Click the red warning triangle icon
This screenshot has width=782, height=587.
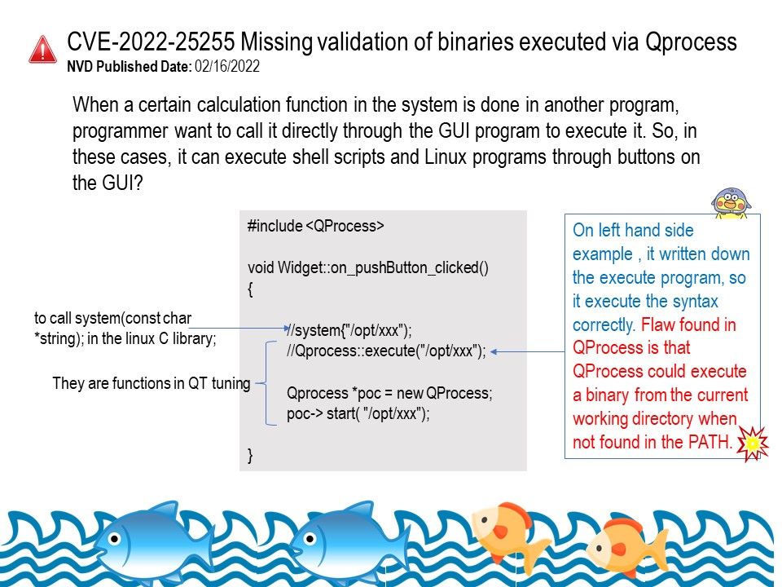click(43, 49)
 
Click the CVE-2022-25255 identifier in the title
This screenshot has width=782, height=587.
click(151, 42)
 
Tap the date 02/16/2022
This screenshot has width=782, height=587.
click(227, 66)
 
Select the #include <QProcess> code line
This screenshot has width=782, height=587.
click(316, 226)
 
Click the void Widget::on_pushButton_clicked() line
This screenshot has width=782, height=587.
click(368, 267)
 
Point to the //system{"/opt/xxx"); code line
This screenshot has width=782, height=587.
click(349, 330)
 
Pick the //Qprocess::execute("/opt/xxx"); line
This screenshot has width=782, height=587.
click(386, 351)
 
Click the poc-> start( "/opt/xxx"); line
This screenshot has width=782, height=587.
click(358, 414)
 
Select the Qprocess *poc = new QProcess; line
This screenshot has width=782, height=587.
click(389, 393)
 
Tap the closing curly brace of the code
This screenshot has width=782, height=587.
click(250, 455)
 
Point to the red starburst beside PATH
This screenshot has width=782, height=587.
click(753, 444)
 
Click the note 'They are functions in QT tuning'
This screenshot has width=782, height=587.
click(152, 383)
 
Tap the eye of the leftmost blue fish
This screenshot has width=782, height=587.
click(115, 539)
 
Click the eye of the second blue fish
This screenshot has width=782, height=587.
click(310, 539)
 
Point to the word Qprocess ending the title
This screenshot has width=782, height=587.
click(691, 42)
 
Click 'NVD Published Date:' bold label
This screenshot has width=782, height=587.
click(130, 66)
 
